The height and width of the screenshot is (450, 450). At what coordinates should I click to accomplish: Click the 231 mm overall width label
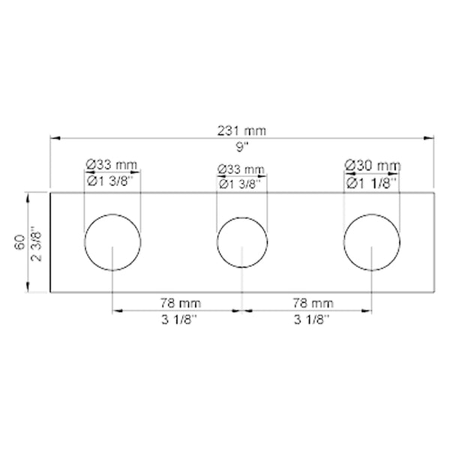(x=241, y=130)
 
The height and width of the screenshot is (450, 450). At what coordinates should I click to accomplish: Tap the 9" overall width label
(x=241, y=145)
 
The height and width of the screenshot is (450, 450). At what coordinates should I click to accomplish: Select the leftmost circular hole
(x=112, y=241)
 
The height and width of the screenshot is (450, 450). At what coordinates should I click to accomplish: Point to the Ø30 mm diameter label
(x=372, y=165)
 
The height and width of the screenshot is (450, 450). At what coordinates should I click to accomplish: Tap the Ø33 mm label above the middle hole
(x=241, y=169)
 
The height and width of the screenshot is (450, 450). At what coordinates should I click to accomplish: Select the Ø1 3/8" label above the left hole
(x=112, y=181)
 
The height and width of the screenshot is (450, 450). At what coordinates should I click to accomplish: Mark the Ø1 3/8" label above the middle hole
(x=241, y=182)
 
